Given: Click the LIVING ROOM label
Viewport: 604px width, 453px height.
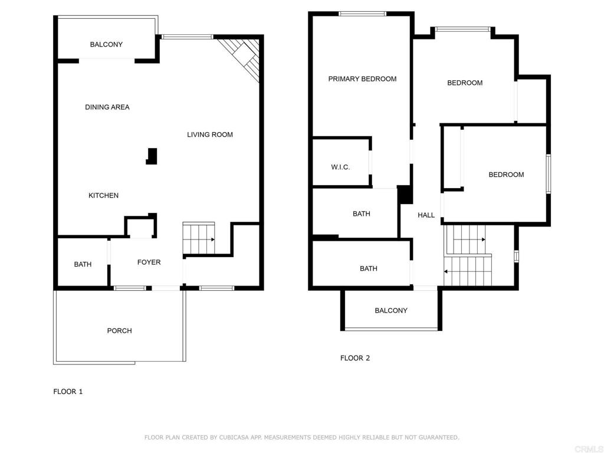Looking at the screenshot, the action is click(x=210, y=134).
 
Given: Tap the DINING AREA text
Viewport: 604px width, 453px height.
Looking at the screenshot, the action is click(x=107, y=107).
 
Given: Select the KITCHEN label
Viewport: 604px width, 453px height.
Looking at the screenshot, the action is click(x=104, y=195).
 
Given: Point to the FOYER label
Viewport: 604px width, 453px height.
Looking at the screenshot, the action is click(x=149, y=262).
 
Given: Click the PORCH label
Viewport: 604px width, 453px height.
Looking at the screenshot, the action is click(x=119, y=330).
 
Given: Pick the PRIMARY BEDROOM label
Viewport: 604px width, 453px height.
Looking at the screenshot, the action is click(x=363, y=79).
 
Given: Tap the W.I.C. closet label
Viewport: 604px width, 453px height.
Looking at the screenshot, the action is click(x=340, y=167).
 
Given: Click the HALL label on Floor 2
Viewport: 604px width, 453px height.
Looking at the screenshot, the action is click(x=426, y=215).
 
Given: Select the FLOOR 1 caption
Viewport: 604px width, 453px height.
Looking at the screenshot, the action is click(x=68, y=392).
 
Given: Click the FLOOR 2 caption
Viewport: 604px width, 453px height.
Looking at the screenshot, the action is click(x=355, y=358).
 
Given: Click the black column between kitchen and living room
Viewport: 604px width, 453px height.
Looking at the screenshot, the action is click(x=152, y=156).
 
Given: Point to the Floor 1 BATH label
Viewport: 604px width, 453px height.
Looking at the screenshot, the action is click(x=83, y=264).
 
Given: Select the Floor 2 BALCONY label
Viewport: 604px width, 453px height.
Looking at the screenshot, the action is click(x=391, y=310).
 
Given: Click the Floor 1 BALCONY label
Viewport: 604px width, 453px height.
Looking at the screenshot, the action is click(x=106, y=44).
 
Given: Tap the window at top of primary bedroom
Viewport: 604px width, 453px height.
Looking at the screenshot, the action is click(x=362, y=14).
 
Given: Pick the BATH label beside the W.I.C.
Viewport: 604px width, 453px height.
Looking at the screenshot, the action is click(x=362, y=214).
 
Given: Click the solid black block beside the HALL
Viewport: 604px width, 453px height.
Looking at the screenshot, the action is click(x=405, y=195).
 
